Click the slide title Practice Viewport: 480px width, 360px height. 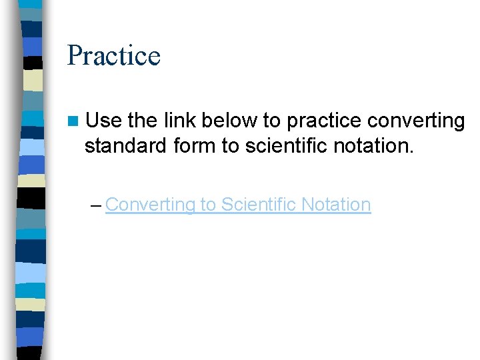114,55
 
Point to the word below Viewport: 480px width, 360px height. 228,121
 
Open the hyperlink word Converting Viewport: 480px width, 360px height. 148,205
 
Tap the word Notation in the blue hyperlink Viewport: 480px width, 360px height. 336,204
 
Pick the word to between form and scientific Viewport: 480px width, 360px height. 231,145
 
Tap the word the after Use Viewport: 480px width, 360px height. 141,121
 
